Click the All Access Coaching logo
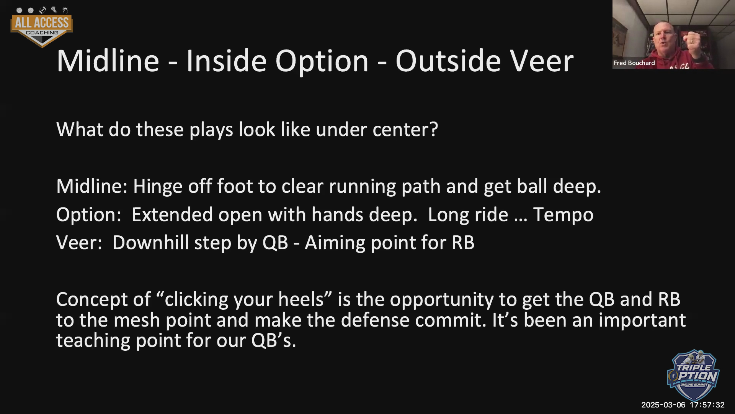(x=42, y=27)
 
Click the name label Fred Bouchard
(x=634, y=63)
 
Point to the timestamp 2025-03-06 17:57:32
(x=683, y=405)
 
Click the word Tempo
(x=563, y=215)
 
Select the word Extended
(x=172, y=214)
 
